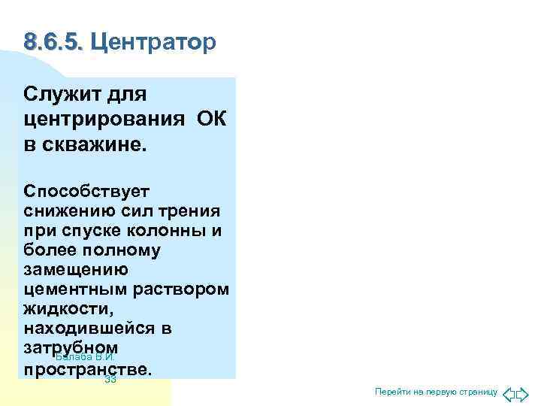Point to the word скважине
tap(92, 144)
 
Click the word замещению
tap(75, 269)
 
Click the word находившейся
tap(91, 329)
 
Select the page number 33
tap(110, 380)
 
